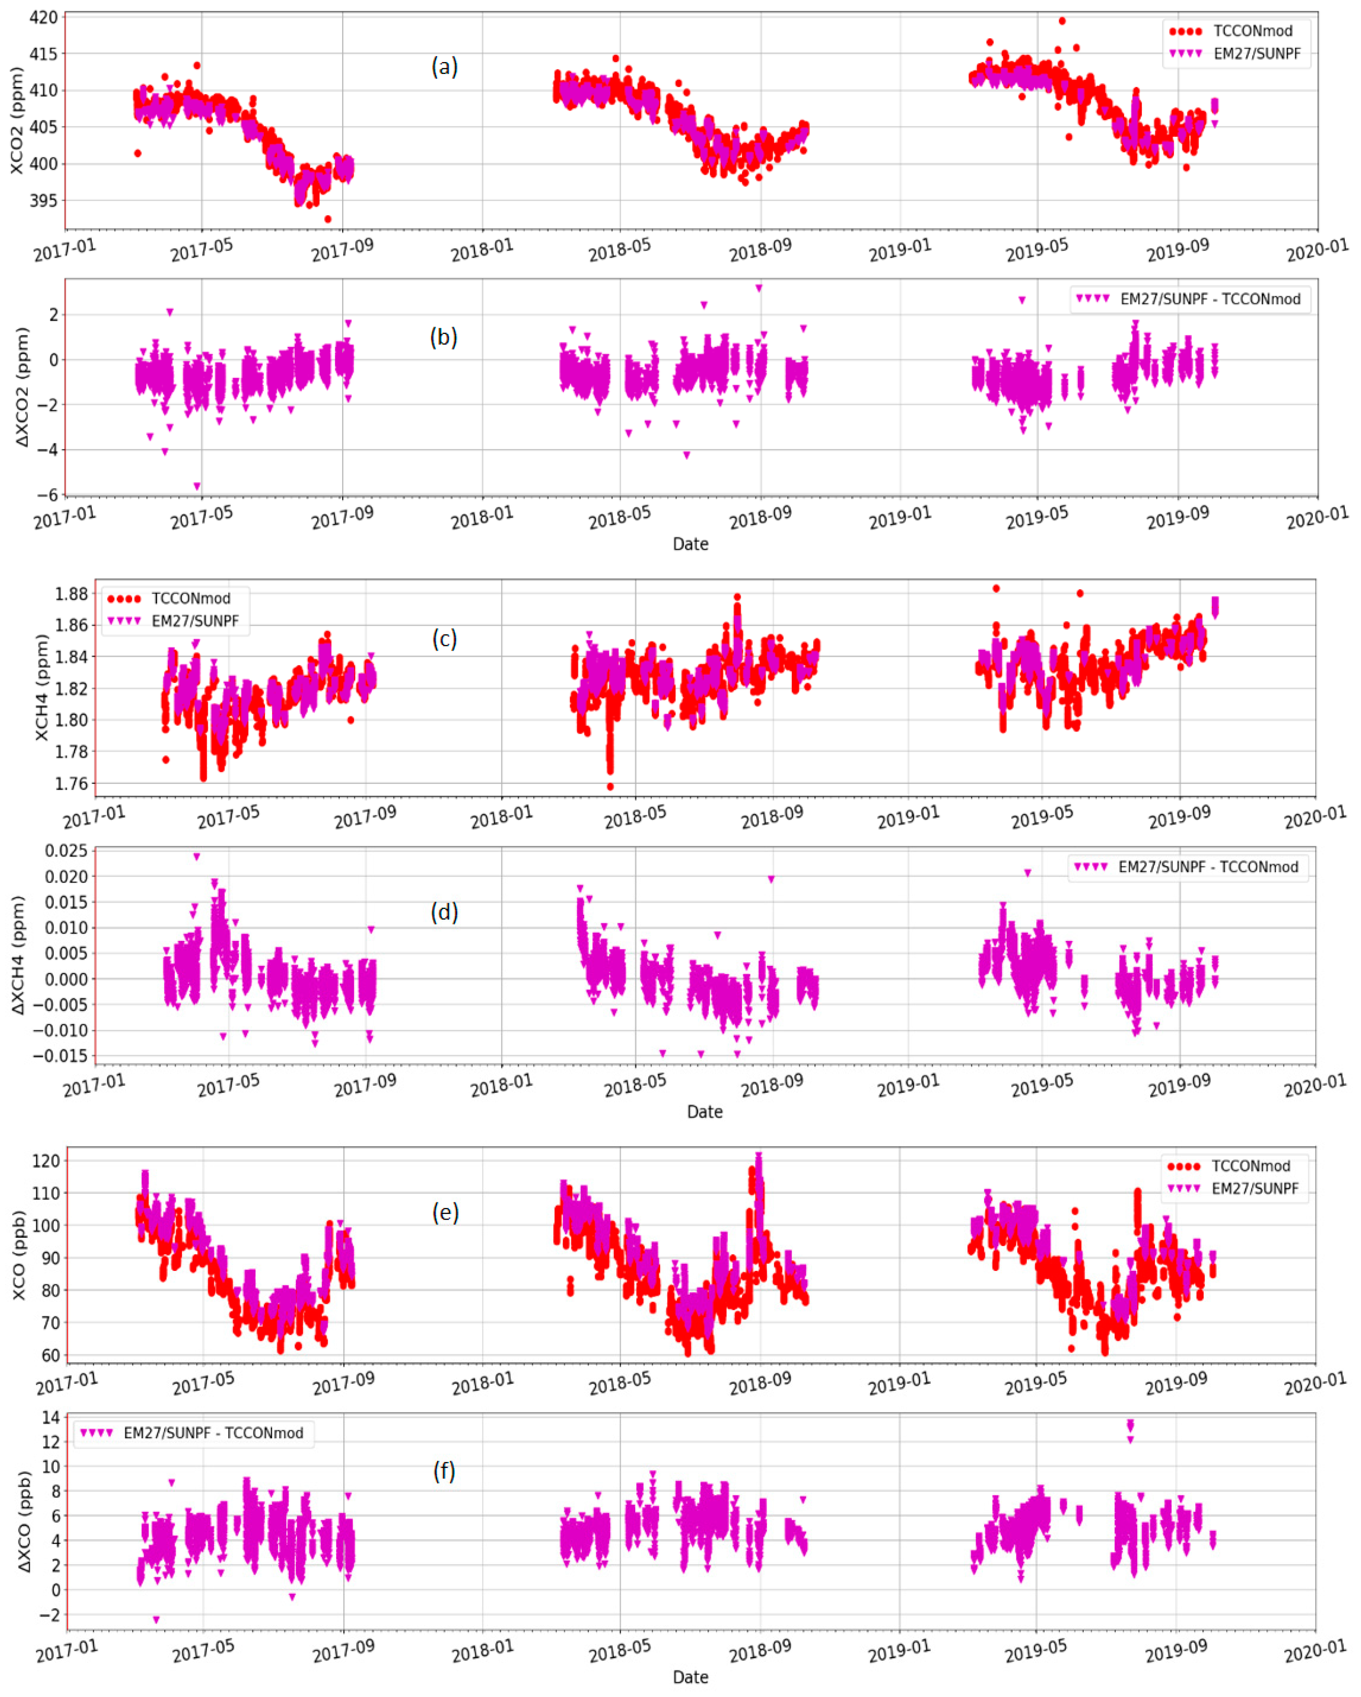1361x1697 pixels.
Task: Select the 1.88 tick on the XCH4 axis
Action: coord(71,594)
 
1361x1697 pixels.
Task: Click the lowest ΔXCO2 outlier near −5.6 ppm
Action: coord(197,486)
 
